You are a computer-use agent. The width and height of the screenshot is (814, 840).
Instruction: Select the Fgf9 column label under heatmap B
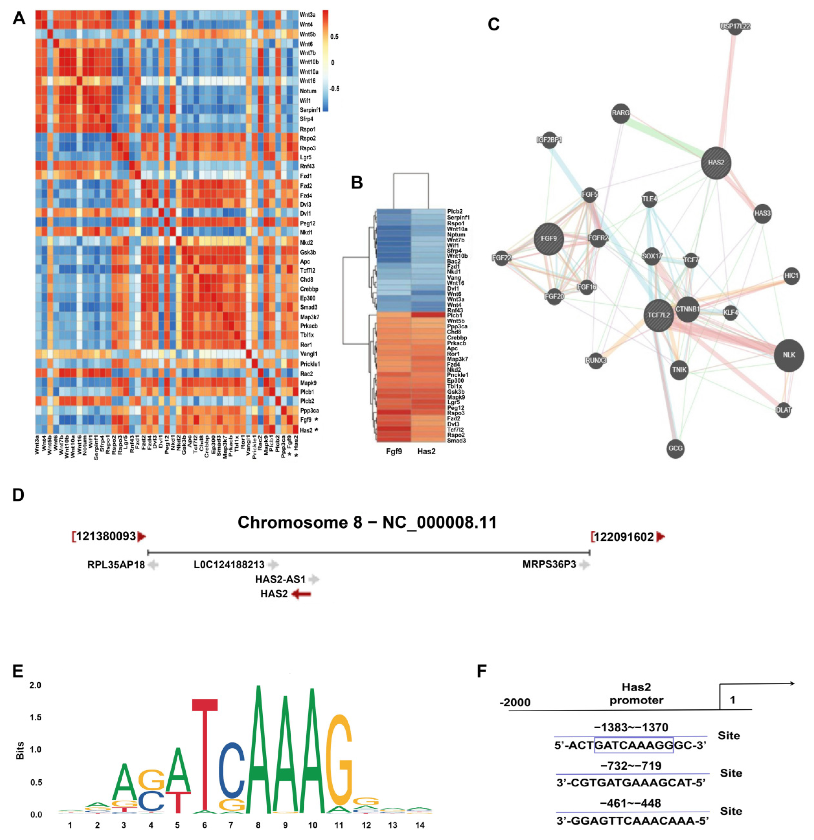coord(393,451)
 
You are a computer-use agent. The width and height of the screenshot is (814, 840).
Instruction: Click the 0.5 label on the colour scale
coord(334,37)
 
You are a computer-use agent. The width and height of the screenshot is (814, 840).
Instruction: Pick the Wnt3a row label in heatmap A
coord(308,14)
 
